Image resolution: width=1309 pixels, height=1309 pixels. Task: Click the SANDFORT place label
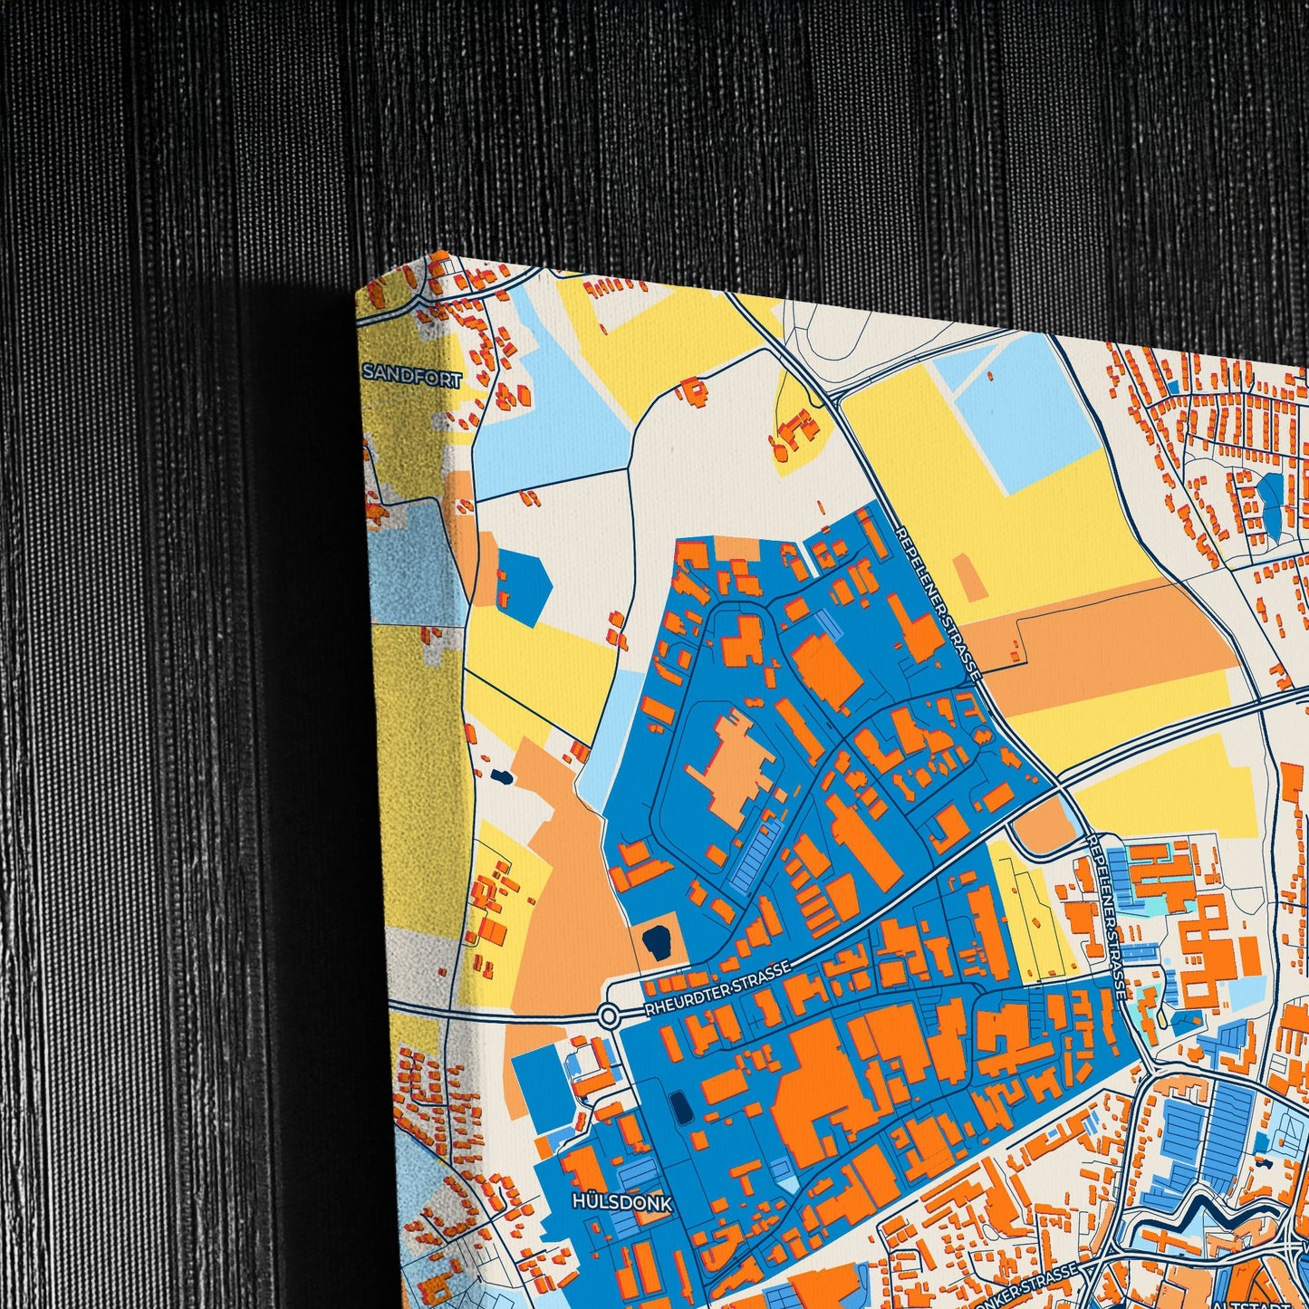(412, 373)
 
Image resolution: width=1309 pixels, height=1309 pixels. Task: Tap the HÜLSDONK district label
(622, 1203)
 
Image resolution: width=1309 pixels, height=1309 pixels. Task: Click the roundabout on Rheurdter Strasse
(609, 1015)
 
